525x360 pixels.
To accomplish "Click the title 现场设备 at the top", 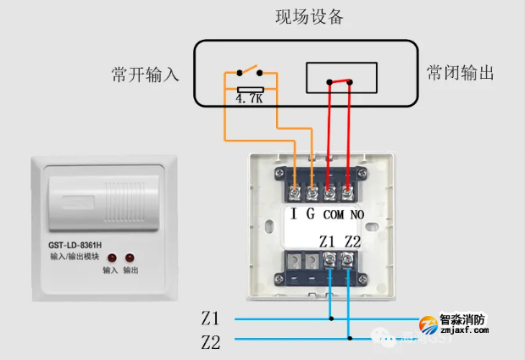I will [309, 17].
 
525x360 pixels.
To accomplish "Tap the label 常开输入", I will [146, 75].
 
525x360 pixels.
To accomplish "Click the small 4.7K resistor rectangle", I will [251, 88].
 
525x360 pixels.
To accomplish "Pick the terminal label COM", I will [333, 214].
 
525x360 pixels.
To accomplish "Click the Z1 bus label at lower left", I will [210, 319].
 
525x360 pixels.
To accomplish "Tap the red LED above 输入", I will [111, 257].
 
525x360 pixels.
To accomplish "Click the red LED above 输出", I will [130, 257].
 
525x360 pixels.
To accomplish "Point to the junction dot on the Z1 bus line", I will [331, 319].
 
